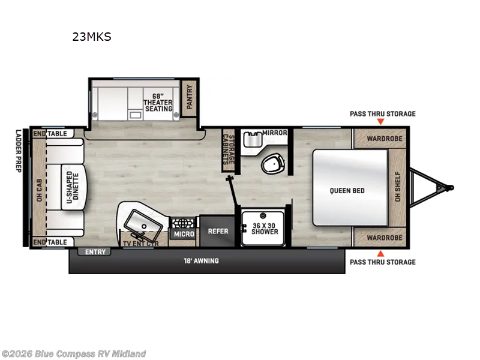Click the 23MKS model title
pos(92,37)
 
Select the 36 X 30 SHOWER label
pos(265,228)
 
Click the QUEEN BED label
pos(347,191)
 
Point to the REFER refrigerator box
pos(217,230)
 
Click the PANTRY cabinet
pos(190,95)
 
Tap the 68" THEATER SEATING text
pos(158,102)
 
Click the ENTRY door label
pos(95,252)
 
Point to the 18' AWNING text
pos(201,261)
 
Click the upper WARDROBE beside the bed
pos(379,137)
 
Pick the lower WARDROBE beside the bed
pos(379,238)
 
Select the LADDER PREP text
pos(18,150)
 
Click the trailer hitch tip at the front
pos(451,187)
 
